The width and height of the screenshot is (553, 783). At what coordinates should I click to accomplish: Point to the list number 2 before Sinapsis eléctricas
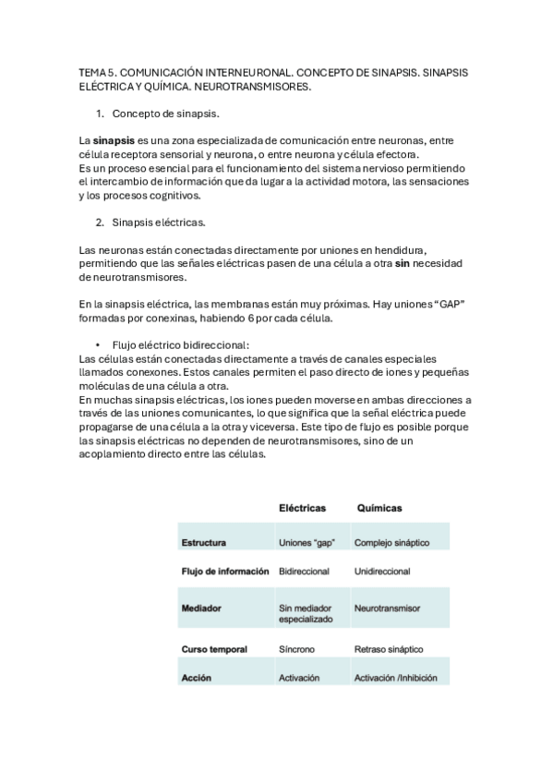coord(100,223)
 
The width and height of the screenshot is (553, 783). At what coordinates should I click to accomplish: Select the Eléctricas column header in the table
coord(302,508)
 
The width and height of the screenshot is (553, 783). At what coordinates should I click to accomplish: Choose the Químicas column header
coord(379,508)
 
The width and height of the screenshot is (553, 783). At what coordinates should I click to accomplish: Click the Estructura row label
coord(204,542)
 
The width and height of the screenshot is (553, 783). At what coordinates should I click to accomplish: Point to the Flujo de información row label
coord(225,572)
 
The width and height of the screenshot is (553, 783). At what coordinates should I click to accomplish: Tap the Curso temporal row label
coord(214,649)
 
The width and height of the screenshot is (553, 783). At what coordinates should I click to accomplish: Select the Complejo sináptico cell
coord(391,542)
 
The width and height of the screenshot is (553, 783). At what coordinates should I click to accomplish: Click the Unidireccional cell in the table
coord(382,572)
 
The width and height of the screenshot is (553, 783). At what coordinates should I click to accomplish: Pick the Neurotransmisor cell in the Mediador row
coord(387,609)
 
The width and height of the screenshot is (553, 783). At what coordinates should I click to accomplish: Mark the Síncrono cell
coord(296,649)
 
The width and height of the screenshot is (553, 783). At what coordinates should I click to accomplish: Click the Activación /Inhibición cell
coord(398,678)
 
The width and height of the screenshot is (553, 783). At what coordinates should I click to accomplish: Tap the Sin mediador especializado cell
coord(307,615)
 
